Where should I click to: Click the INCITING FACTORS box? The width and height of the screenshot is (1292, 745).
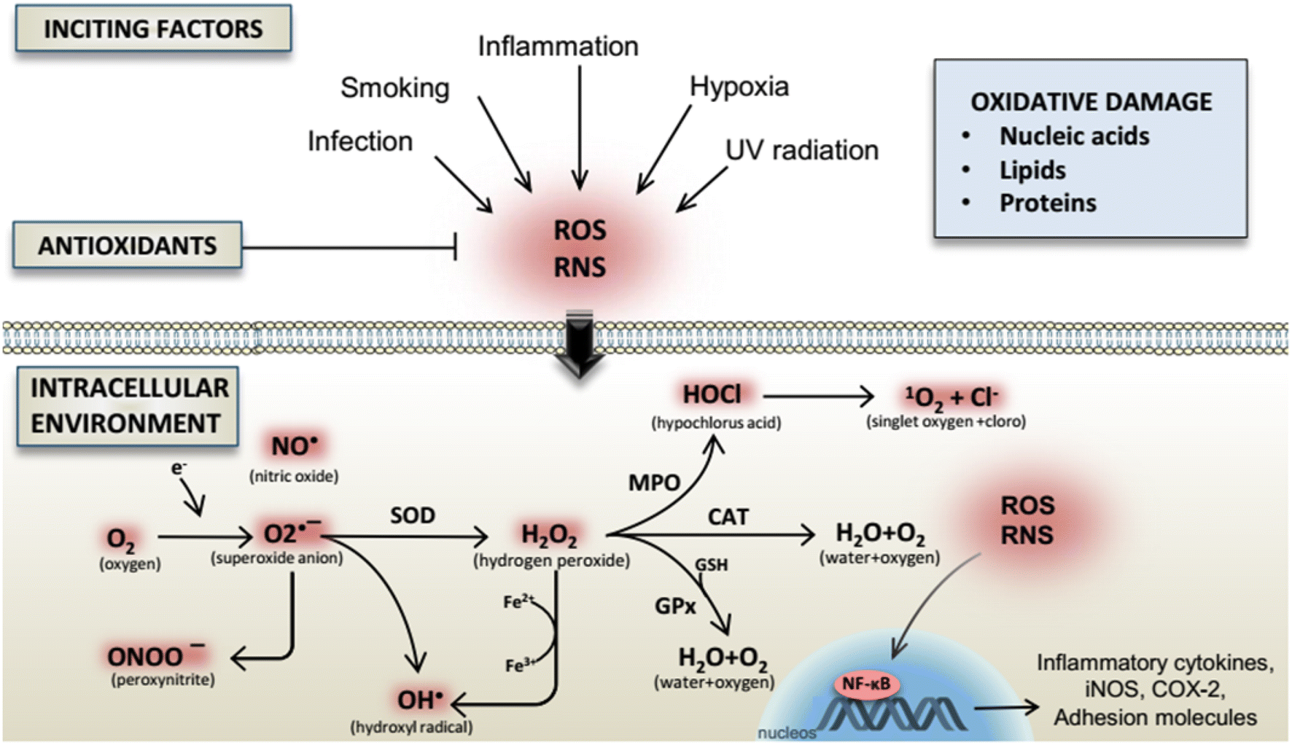153,29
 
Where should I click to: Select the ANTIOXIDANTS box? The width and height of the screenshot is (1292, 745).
128,246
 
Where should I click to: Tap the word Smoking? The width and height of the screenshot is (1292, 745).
394,88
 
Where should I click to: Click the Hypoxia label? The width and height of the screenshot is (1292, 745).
739,87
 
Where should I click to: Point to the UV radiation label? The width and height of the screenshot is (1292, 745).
801,150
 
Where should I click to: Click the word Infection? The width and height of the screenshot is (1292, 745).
359,141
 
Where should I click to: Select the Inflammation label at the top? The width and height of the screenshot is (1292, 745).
558,47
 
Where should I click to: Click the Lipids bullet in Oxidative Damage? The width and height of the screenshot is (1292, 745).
1032,170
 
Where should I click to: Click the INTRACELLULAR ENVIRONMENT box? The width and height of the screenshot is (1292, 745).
128,406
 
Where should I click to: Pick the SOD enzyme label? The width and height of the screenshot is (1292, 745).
412,515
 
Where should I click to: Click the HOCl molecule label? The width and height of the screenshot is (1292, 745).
712,394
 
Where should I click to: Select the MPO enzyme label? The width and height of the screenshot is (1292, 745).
654,483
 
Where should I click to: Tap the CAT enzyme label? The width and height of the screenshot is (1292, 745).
728,517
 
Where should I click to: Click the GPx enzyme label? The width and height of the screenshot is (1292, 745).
675,606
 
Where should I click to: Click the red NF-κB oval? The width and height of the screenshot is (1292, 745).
865,684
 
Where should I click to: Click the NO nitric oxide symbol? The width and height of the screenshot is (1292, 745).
294,445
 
